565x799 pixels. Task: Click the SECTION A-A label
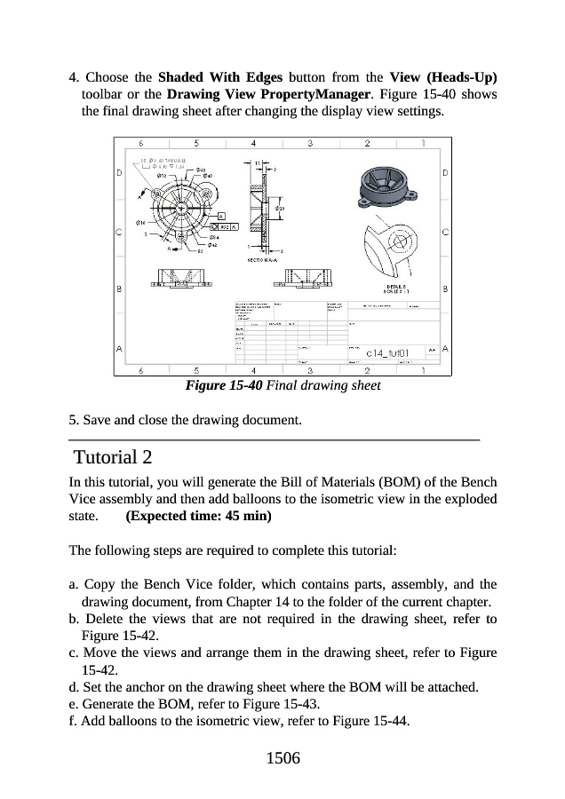(x=261, y=260)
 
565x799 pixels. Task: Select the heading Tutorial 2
(x=113, y=458)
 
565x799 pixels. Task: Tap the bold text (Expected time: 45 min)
(x=199, y=515)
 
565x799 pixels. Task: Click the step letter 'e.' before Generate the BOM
(x=73, y=704)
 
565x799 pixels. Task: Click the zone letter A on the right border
(x=445, y=347)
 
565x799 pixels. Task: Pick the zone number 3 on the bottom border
(x=310, y=370)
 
